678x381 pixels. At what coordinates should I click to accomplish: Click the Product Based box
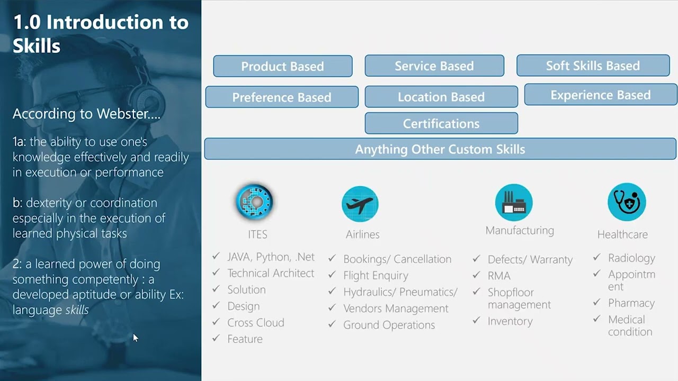(282, 66)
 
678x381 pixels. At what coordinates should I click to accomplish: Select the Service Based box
(434, 66)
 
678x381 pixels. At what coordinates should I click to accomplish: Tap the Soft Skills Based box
(593, 66)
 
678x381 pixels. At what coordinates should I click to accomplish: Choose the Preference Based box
(282, 97)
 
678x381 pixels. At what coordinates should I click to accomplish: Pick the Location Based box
(441, 97)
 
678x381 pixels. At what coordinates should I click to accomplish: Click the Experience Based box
(601, 95)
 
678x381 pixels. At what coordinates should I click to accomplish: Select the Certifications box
(441, 123)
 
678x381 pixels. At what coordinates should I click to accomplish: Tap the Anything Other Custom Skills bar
(440, 149)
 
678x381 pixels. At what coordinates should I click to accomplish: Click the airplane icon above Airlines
(360, 204)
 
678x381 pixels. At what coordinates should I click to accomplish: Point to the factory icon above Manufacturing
(514, 202)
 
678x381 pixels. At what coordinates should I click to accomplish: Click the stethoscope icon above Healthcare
(627, 202)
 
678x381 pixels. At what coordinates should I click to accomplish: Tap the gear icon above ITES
(254, 202)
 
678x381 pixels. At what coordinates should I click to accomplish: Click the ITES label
(257, 234)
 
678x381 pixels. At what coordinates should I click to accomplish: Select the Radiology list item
(631, 258)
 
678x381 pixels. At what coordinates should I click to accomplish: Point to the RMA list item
(499, 276)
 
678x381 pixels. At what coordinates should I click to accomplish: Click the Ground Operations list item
(389, 325)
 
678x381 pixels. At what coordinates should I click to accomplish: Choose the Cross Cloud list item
(256, 322)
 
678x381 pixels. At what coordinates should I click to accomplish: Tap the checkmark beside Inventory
(477, 321)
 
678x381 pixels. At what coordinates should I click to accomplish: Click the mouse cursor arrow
(135, 338)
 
